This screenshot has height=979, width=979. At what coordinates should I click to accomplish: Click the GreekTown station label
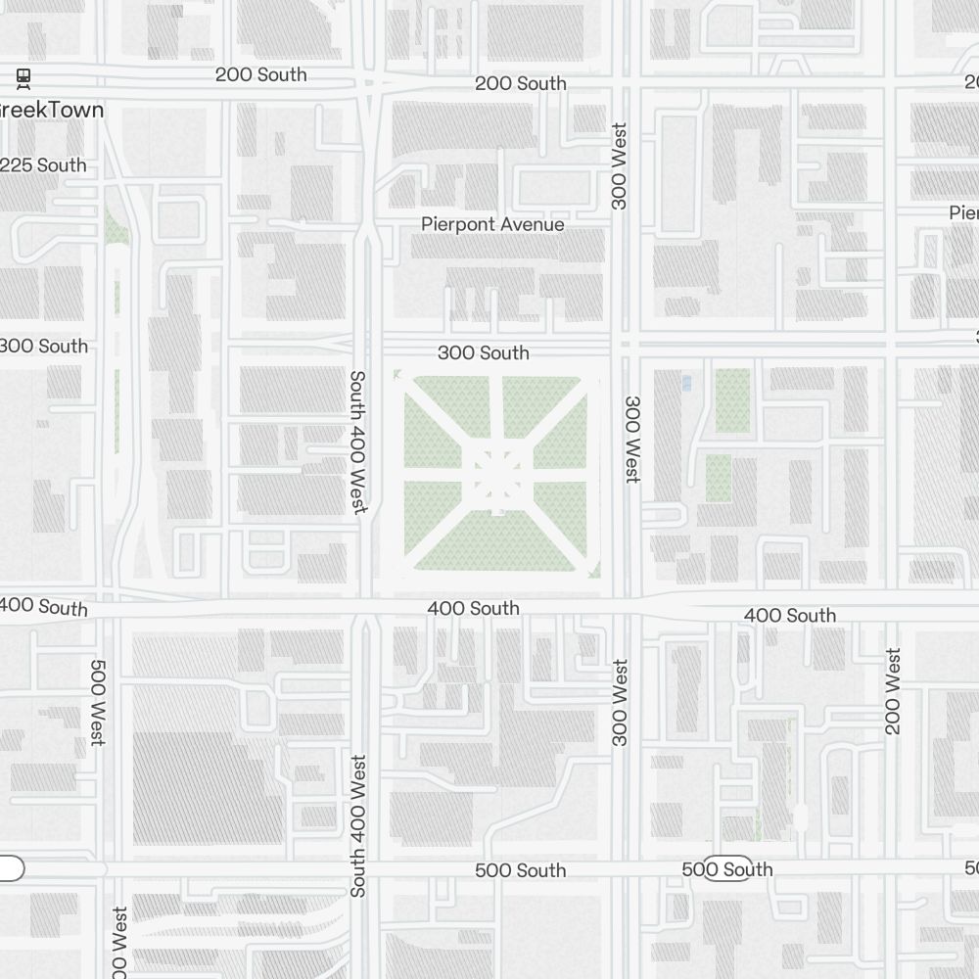51,110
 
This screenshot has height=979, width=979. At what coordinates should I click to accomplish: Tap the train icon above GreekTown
23,77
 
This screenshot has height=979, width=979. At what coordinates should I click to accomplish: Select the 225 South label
44,165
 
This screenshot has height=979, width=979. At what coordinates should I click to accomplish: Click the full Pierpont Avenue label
492,224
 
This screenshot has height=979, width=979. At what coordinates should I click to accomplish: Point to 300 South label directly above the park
483,352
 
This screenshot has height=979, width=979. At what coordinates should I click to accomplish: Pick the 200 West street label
892,691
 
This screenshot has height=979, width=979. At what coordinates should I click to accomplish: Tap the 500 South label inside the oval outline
727,869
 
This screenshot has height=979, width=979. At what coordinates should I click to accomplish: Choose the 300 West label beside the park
632,439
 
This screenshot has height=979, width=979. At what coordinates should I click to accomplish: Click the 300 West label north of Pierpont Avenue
619,165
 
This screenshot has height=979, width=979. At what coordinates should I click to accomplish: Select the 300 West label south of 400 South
620,702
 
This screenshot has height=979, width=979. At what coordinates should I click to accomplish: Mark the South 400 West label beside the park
358,442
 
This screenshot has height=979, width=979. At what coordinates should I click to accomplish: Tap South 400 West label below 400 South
358,825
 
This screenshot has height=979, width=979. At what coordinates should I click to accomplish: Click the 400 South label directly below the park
473,608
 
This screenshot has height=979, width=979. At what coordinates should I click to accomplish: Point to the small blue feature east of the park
685,383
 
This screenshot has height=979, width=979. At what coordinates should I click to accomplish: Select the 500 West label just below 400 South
98,702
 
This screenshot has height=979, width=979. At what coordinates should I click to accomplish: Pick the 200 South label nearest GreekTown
260,74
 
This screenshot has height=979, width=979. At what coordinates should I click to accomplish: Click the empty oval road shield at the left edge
10,868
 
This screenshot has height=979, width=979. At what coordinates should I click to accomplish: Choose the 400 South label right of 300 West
790,615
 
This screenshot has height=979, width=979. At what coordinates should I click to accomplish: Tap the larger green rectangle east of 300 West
732,400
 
